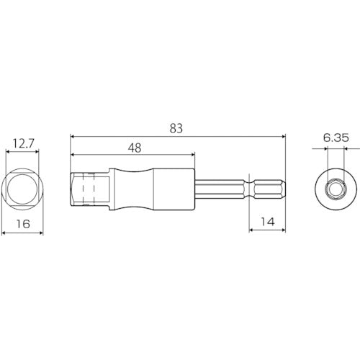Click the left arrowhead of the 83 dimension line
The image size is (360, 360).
pos(73,136)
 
